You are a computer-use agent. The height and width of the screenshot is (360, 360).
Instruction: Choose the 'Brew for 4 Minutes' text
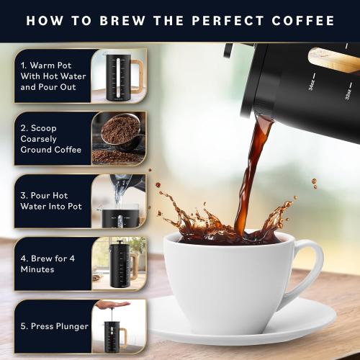[48, 263]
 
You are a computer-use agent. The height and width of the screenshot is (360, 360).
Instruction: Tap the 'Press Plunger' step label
[55, 326]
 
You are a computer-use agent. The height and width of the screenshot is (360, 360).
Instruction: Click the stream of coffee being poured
[248, 180]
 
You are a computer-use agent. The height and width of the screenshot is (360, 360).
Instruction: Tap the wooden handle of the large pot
[335, 59]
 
